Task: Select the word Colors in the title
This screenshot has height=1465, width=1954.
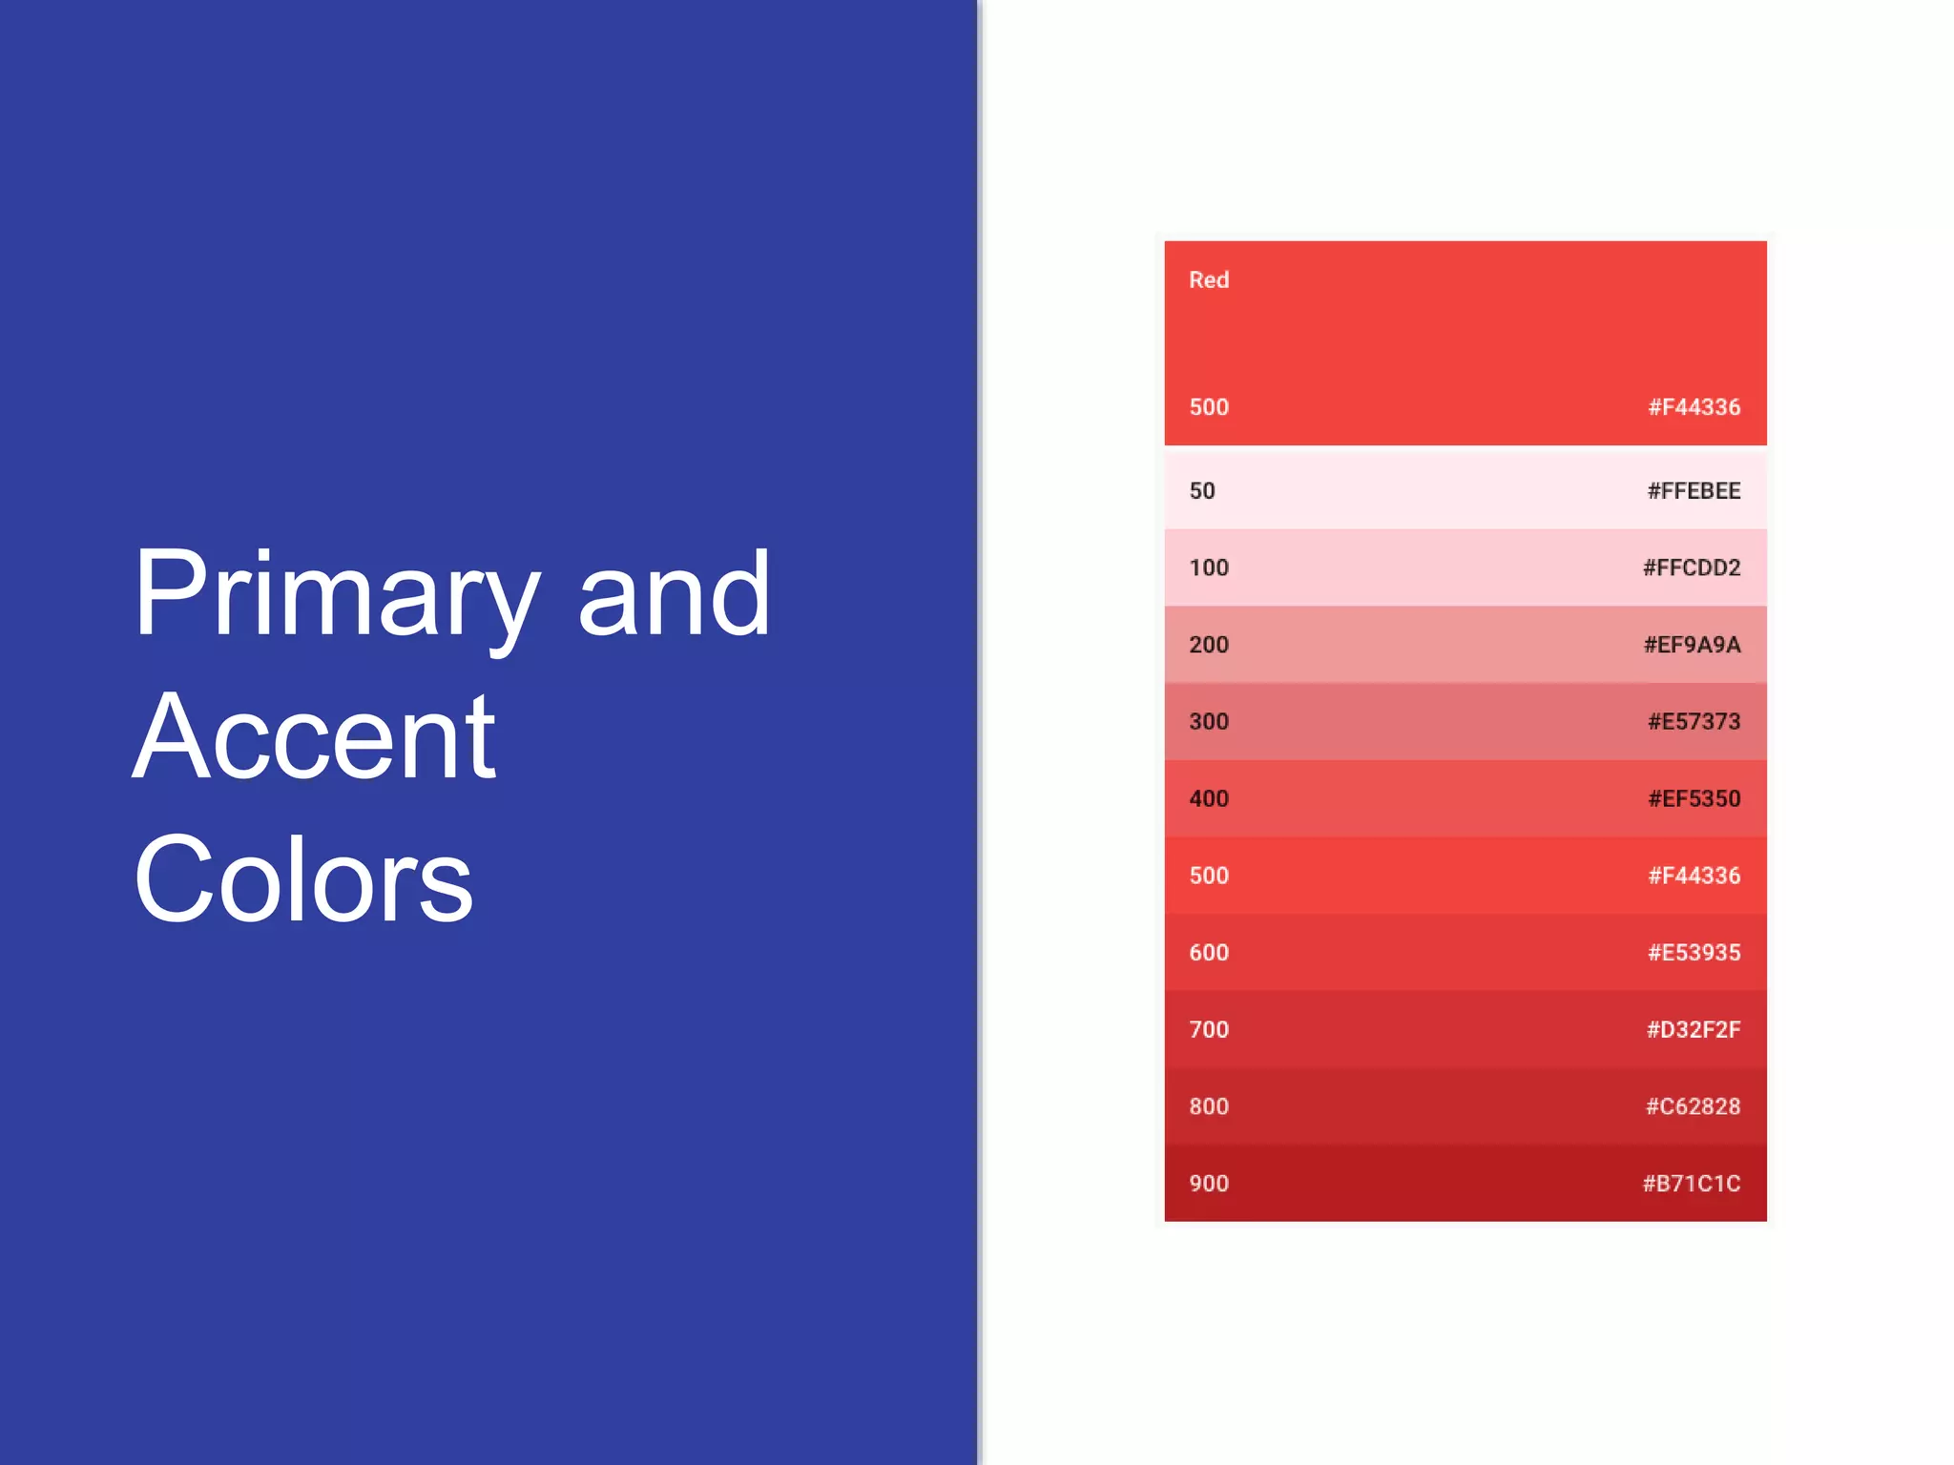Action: [x=303, y=879]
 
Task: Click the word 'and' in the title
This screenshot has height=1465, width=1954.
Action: [x=674, y=596]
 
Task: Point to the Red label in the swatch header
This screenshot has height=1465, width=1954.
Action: [x=1208, y=280]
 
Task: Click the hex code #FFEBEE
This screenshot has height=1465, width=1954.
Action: [x=1694, y=491]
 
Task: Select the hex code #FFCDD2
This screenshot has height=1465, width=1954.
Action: [x=1691, y=568]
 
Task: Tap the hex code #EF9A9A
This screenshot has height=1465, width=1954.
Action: [x=1692, y=645]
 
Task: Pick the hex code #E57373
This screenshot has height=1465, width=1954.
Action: [x=1694, y=722]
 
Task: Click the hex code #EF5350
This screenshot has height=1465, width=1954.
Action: [x=1694, y=799]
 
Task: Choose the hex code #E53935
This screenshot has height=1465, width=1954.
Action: [x=1694, y=953]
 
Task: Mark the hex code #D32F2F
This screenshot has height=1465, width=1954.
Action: [x=1693, y=1030]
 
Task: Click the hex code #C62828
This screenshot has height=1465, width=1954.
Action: [x=1693, y=1107]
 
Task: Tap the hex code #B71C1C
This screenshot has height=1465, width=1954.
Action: [x=1691, y=1184]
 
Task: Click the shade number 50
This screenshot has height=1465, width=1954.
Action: [x=1202, y=491]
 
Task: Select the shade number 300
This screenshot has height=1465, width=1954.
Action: [x=1208, y=722]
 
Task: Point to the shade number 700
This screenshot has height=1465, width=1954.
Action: [x=1208, y=1030]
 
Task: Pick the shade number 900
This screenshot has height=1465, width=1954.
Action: [x=1208, y=1184]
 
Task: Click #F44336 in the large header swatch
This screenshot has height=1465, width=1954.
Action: [x=1694, y=407]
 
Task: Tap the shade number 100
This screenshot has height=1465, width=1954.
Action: [x=1208, y=568]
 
